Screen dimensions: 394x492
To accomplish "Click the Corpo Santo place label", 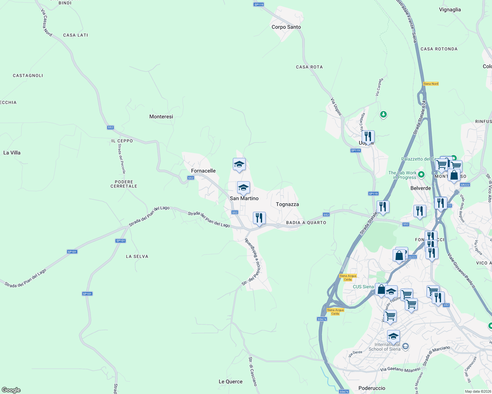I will pos(286,27).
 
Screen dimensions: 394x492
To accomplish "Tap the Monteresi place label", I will pos(161,117).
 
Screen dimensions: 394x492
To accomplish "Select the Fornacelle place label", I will pos(203,171).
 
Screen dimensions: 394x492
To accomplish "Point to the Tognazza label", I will pos(287,204).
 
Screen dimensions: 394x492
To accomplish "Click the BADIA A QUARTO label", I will pos(306,223).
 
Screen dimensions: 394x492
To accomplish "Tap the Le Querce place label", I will pos(231,382).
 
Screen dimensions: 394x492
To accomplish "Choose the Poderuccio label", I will pos(372,388).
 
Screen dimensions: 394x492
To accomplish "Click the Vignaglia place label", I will pos(450,10).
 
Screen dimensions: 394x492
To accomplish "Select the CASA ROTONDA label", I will pos(439,49).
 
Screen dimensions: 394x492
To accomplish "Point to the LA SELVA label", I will pos(137,256).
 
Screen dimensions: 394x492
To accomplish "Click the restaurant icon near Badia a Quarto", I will pos(259,218).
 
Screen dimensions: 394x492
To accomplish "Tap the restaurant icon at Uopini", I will pos(368,136).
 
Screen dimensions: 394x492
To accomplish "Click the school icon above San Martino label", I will pos(243,188).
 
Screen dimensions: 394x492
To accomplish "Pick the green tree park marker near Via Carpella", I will pos(383,115).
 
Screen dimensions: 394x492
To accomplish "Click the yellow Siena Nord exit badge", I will pos(431,84).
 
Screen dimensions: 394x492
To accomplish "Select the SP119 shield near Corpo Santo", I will pos(259,4).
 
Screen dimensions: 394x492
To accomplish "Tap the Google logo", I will pos(11,390).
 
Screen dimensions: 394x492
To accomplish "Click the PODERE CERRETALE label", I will pos(124,184).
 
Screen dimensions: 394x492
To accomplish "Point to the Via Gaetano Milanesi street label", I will pos(400,369).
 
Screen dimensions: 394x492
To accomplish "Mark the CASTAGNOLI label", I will pos(28,76).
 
